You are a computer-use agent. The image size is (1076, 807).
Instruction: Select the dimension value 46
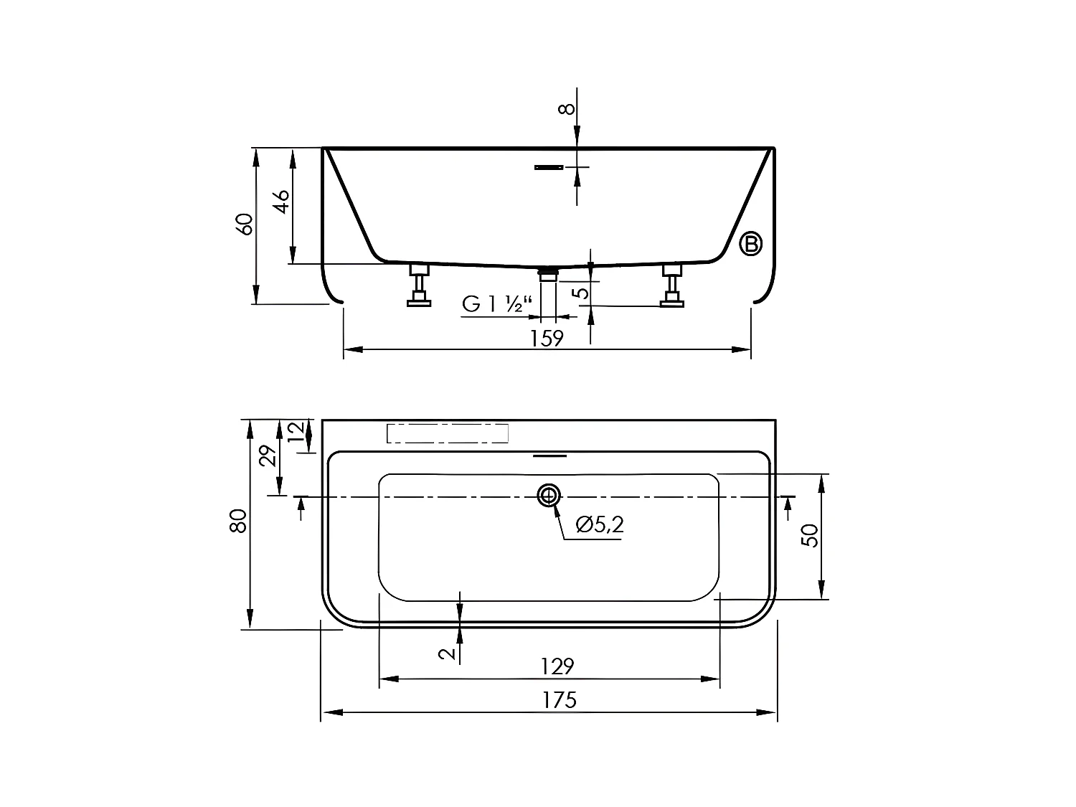point(281,202)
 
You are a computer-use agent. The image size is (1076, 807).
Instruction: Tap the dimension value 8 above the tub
point(567,108)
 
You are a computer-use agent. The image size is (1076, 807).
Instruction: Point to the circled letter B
point(751,244)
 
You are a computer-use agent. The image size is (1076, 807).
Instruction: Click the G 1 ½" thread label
point(493,304)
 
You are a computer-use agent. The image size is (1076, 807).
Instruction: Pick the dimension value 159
point(547,337)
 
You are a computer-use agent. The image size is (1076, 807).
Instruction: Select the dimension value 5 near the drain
point(582,292)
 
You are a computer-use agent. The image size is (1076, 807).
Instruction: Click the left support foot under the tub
point(419,285)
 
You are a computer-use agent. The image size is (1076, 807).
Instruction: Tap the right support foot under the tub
point(672,285)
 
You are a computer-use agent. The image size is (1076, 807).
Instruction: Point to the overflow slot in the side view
point(549,167)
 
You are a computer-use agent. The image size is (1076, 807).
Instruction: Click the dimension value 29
point(268,456)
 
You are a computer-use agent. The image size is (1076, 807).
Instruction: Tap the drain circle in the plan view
point(549,495)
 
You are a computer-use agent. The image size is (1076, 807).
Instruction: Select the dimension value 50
point(810,535)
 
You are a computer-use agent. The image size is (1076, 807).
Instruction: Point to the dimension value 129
point(557,666)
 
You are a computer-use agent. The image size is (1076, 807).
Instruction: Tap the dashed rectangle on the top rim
point(448,433)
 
